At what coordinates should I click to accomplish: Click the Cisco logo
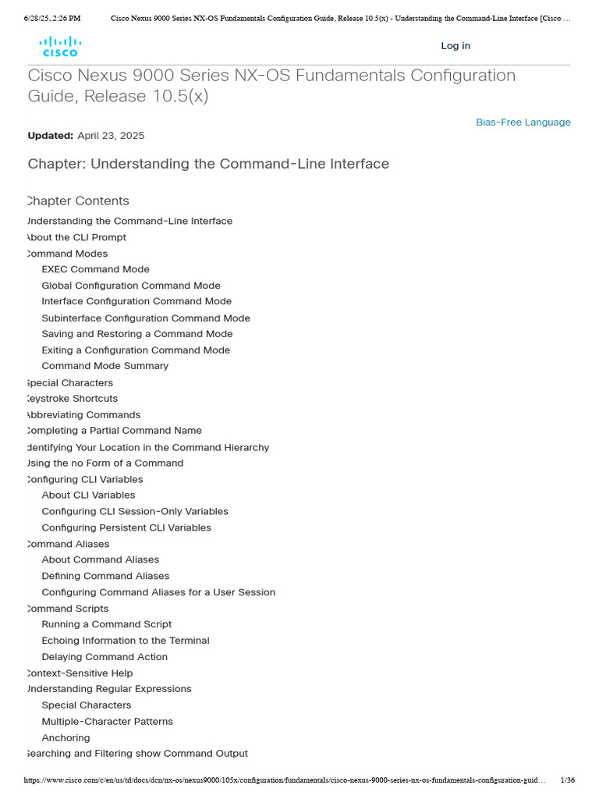60,46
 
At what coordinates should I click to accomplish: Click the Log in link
455,46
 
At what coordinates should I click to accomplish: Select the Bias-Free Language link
523,123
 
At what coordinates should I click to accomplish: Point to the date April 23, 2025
111,136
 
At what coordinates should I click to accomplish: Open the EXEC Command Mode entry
95,269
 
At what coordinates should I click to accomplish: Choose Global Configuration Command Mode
131,286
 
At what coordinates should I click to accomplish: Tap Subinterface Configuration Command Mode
146,318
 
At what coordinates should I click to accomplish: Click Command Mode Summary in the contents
105,366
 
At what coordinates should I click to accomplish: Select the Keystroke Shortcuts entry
73,399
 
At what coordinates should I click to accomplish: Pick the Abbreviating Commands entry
83,415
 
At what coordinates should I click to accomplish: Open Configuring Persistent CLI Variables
126,528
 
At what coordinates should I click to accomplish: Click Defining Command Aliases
105,577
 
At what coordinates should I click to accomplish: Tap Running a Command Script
107,624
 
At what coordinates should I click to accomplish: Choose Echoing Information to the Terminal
126,641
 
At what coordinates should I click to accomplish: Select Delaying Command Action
105,657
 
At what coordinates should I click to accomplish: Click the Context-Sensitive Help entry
80,673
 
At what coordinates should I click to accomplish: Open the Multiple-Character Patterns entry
107,722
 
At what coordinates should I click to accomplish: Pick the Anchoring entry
66,738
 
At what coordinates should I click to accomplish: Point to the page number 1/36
567,780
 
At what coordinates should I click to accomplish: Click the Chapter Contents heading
78,201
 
